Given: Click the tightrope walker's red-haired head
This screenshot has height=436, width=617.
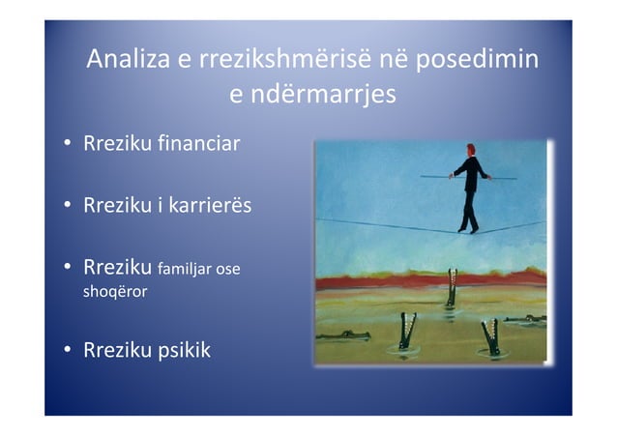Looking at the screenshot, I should pyautogui.click(x=471, y=150).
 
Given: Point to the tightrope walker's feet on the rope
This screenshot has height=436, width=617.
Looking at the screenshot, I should pyautogui.click(x=468, y=228).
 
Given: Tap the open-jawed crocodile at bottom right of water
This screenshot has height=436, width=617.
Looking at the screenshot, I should pyautogui.click(x=491, y=337).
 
